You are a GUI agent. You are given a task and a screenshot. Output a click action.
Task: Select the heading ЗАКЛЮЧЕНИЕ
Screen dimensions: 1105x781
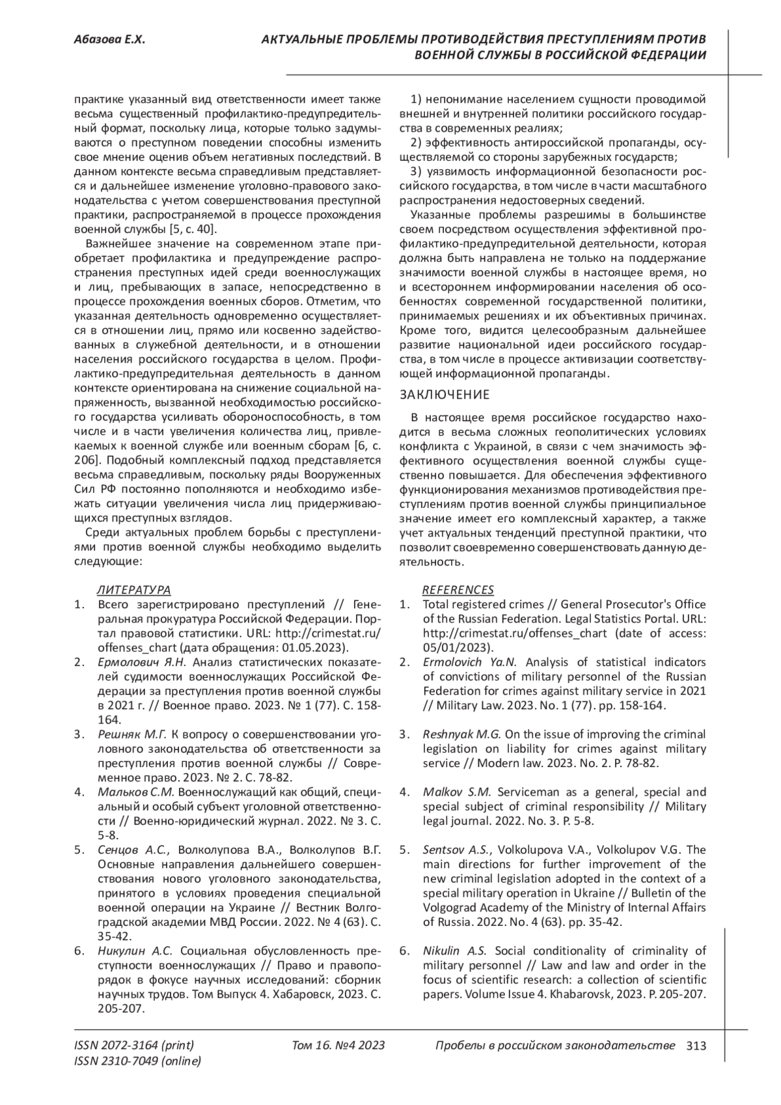point(444,395)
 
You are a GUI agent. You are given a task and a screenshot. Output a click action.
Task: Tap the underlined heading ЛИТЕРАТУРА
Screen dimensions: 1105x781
point(133,590)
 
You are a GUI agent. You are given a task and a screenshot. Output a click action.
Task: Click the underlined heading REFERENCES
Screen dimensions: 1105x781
point(458,590)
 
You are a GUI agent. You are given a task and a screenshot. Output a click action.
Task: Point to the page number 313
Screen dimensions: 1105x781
point(696,1046)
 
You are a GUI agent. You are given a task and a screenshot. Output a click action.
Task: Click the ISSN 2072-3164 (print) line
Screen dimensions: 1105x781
point(134,1046)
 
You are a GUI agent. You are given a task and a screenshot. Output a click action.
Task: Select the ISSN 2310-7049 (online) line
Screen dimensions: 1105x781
point(137,1061)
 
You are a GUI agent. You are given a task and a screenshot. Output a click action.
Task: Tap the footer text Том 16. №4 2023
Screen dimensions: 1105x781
point(338,1046)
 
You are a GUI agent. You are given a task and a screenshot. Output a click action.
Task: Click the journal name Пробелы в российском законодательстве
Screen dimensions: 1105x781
point(555,1046)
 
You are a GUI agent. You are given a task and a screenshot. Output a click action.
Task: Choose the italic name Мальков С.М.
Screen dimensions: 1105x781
point(136,792)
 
